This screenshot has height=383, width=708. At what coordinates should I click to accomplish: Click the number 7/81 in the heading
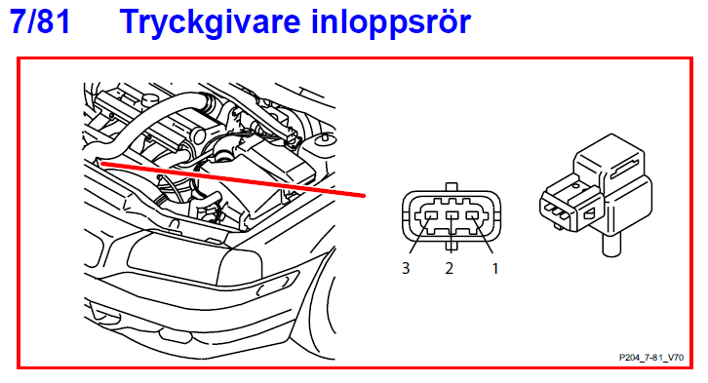(x=40, y=21)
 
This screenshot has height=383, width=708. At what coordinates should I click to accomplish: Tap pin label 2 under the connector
(x=450, y=266)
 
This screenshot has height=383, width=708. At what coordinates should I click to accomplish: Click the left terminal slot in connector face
(x=426, y=216)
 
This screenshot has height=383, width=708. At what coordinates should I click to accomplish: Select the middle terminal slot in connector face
(x=450, y=216)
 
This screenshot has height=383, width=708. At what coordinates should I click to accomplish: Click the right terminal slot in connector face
(x=474, y=216)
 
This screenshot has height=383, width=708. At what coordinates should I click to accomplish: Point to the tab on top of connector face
(x=450, y=186)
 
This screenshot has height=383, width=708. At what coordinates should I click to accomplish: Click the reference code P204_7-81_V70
(x=652, y=358)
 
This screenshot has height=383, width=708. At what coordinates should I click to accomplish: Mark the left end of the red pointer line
(x=100, y=165)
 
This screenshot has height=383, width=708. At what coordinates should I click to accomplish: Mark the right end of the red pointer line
(x=364, y=196)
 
